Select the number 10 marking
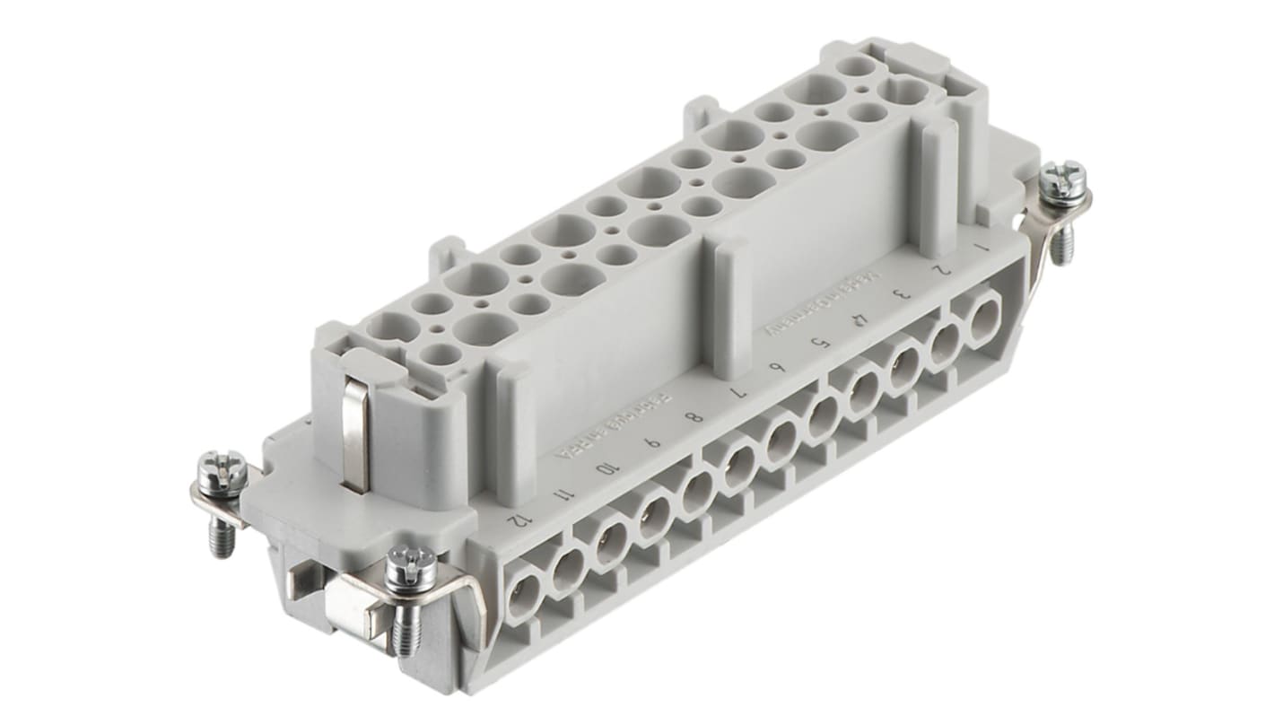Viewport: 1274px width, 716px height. point(610,467)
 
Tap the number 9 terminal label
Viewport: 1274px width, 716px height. point(655,441)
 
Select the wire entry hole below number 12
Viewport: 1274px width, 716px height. point(524,597)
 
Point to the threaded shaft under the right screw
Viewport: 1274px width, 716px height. point(1060,240)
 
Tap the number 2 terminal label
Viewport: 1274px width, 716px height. point(939,267)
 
